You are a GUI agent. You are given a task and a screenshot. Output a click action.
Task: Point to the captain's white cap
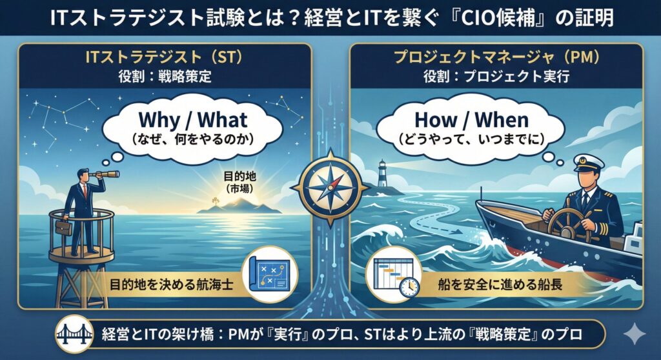[589, 163]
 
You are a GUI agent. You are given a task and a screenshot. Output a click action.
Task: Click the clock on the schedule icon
[409, 287]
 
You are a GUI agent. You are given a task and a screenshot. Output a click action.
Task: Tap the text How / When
[472, 120]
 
